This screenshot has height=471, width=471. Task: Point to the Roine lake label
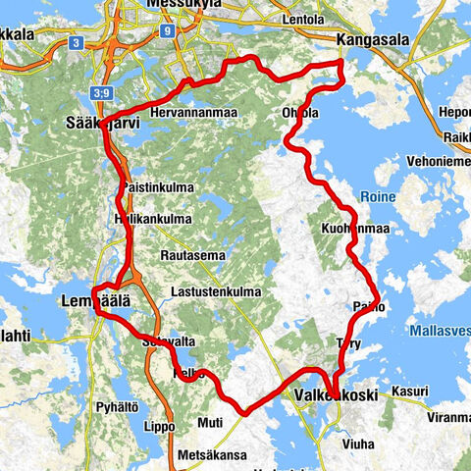point(377,196)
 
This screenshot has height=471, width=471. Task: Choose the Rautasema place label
point(192,255)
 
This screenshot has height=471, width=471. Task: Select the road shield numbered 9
point(169,31)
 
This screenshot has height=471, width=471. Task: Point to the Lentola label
point(301,20)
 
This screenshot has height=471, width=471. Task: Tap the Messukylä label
point(181,5)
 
